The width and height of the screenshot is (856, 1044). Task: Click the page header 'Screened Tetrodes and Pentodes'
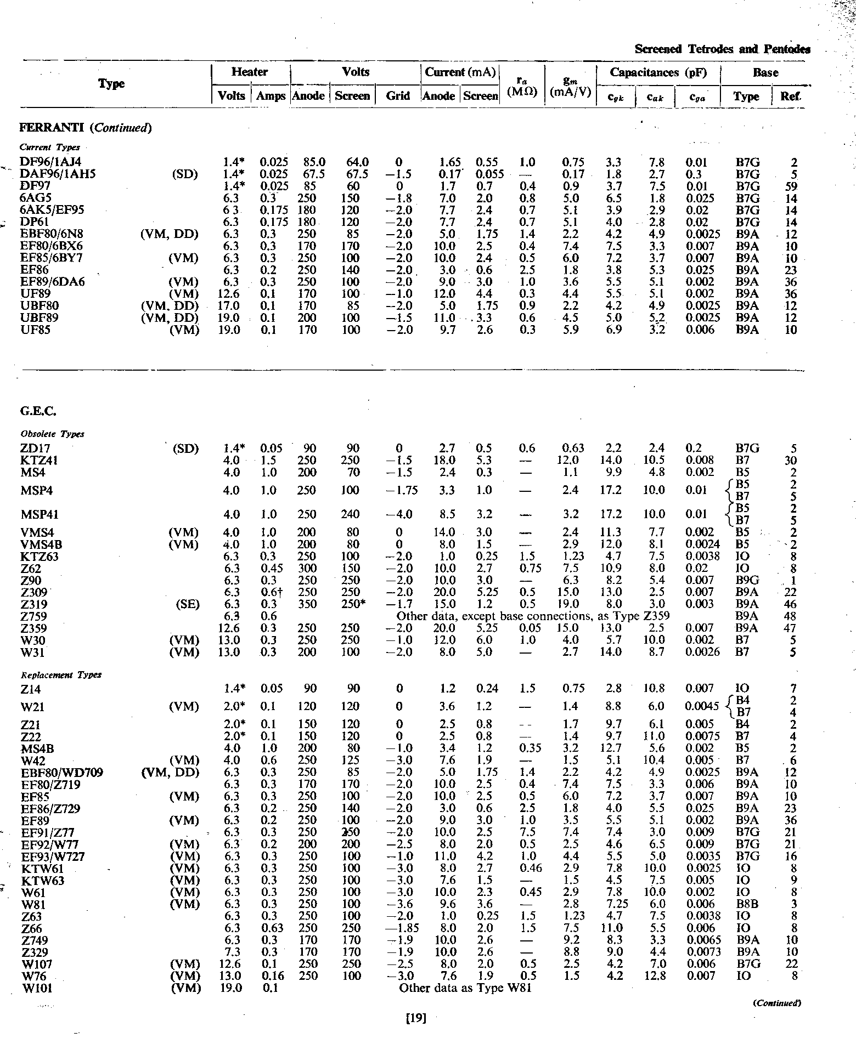pos(722,49)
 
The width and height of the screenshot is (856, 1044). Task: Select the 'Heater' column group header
pos(250,72)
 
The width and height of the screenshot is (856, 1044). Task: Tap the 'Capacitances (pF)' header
pos(658,72)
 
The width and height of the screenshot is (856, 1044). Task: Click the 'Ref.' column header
pos(791,97)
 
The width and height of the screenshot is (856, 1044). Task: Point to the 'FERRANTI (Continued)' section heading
pos(85,128)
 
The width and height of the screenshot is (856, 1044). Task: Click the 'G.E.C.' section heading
pos(38,411)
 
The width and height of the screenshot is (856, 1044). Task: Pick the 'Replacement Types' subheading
pos(60,674)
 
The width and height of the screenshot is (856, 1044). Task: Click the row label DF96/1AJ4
pos(50,162)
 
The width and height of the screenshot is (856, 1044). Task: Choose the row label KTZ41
pos(40,460)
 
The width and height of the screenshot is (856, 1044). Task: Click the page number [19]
pos(415,1018)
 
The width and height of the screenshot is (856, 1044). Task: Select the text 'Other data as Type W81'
pos(465,988)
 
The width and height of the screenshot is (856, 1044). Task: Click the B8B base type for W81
pos(747,904)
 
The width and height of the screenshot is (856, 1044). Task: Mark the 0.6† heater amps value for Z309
pos(268,592)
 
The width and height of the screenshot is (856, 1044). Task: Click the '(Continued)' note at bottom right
pos(778,1003)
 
